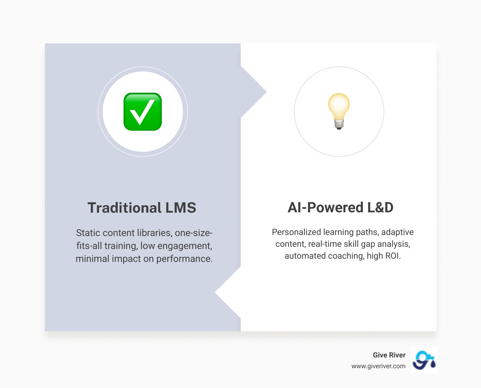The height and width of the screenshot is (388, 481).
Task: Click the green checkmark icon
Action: click(143, 112)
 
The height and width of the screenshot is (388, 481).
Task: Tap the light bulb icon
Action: click(339, 111)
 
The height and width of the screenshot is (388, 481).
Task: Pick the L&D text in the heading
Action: click(380, 207)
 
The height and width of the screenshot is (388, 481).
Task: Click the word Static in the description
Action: click(88, 233)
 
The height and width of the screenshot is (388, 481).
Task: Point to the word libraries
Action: click(154, 233)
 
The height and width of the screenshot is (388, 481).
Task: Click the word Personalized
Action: click(296, 232)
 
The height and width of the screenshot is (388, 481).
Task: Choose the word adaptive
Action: click(397, 232)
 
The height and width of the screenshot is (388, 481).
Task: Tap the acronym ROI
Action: click(393, 256)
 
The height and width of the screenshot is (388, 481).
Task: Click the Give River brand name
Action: click(389, 355)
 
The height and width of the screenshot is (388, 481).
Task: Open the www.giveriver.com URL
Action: click(378, 366)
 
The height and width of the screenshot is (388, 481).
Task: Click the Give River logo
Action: click(424, 360)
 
